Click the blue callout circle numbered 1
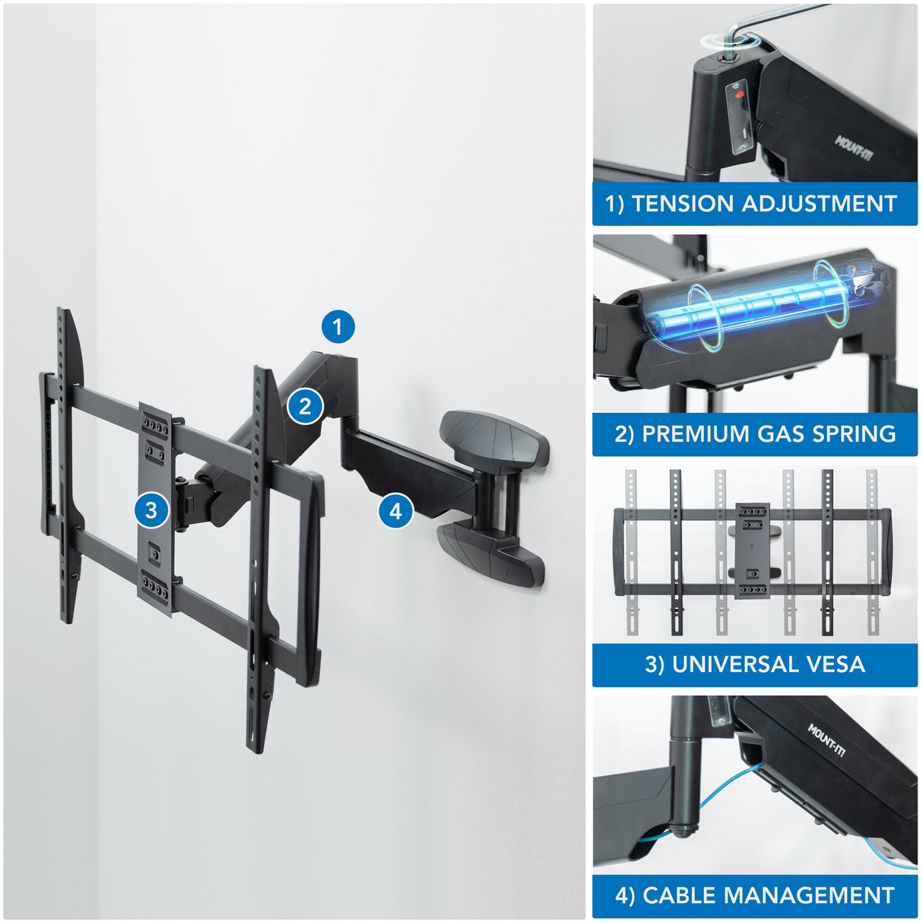click(x=338, y=327)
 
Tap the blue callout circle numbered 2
click(x=305, y=406)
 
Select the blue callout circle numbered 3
click(x=151, y=509)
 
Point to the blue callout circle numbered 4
click(x=395, y=511)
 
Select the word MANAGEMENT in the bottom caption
click(x=810, y=895)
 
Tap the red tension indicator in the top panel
click(x=737, y=98)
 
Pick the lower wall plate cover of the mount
click(x=490, y=553)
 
